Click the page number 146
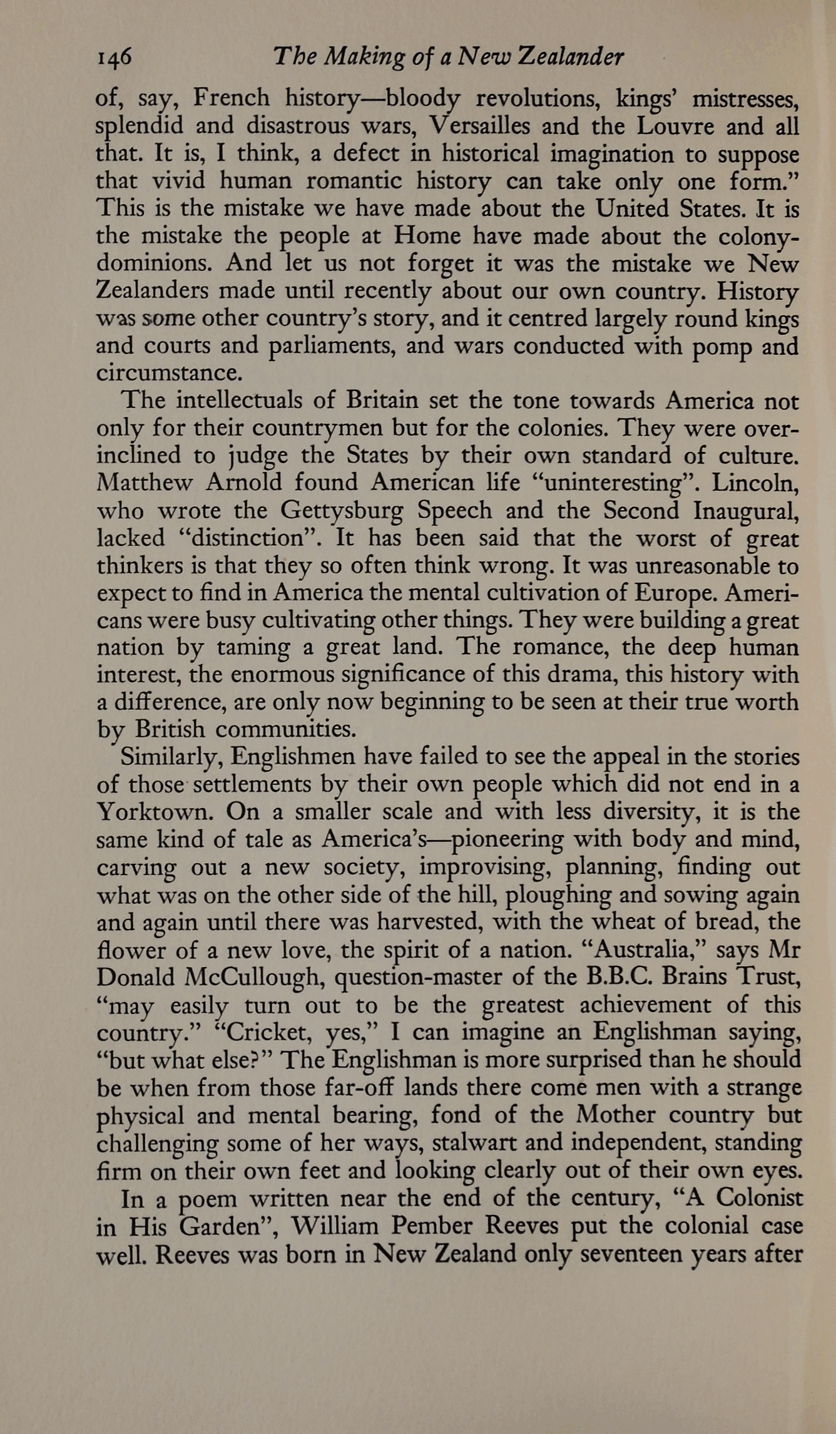pos(114,58)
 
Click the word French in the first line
pos(232,98)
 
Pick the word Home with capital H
pos(427,236)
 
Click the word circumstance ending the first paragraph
pos(168,373)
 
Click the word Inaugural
pos(745,511)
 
